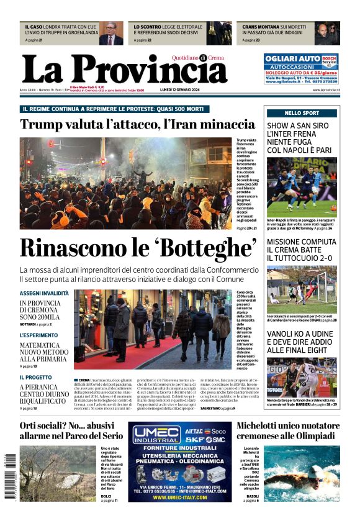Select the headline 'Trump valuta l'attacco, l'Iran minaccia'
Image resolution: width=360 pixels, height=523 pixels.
tap(137, 124)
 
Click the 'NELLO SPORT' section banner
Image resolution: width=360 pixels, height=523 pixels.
tap(302, 113)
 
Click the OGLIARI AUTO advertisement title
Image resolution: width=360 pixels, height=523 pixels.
tap(292, 58)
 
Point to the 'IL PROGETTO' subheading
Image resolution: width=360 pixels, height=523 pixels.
tap(35, 377)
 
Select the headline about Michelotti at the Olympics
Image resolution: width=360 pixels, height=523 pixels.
tap(288, 430)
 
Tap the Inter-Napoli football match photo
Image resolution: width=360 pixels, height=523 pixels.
tap(302, 186)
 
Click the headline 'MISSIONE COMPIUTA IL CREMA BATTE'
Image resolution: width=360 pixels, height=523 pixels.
tap(302, 250)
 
